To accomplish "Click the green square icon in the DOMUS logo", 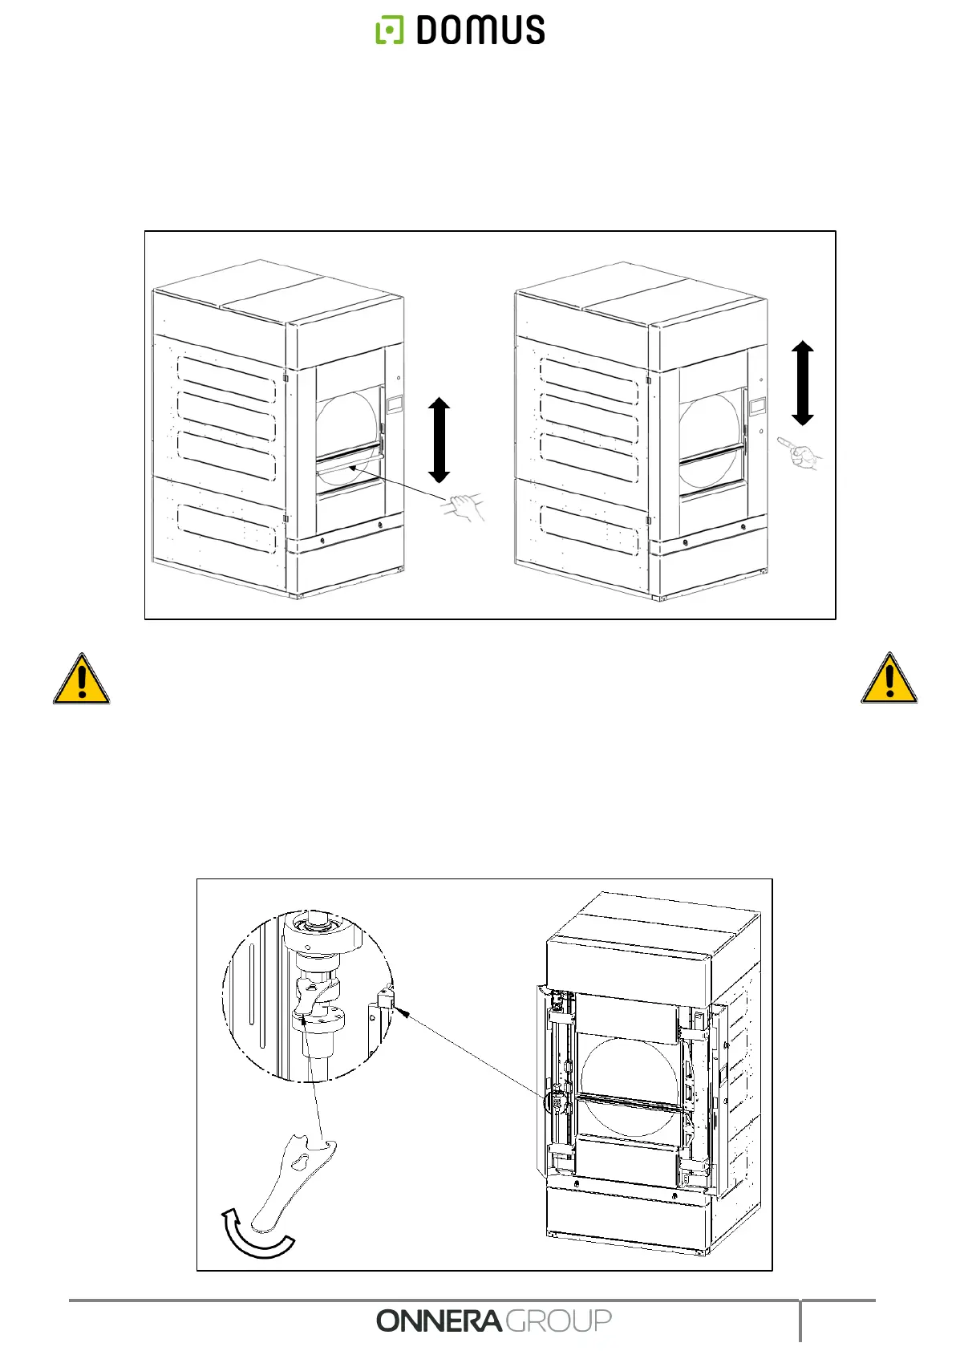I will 390,30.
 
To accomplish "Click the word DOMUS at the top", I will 480,30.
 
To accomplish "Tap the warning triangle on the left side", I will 81,680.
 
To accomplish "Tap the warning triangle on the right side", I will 889,680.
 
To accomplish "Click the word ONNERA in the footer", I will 439,1321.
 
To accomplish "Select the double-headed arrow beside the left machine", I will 439,440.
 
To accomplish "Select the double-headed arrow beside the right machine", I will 802,383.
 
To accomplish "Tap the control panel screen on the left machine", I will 395,404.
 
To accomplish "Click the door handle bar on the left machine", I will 348,465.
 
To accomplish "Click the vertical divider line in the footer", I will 800,1320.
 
